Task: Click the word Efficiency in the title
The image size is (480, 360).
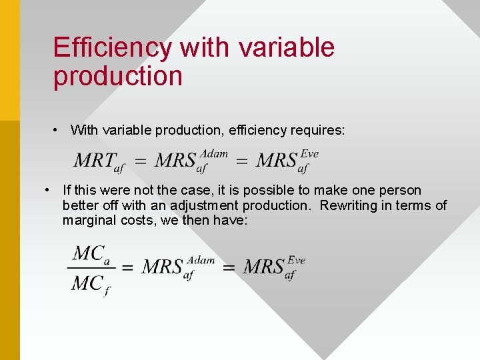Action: tap(112, 48)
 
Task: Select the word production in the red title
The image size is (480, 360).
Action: tap(117, 76)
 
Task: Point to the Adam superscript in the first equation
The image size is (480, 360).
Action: tap(213, 154)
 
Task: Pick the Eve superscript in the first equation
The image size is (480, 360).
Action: tap(309, 154)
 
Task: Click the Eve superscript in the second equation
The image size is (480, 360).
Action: tap(296, 260)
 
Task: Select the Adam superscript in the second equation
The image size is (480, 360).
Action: tap(201, 260)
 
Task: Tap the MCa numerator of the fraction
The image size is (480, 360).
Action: tap(91, 254)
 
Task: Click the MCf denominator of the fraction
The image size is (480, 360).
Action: tap(91, 284)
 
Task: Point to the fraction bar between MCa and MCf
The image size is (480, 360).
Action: tap(91, 269)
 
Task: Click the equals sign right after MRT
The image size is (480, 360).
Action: tap(140, 161)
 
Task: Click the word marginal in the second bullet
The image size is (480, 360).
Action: tap(87, 220)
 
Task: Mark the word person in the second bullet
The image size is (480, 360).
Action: tap(400, 190)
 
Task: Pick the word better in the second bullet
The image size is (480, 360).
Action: tap(80, 205)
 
